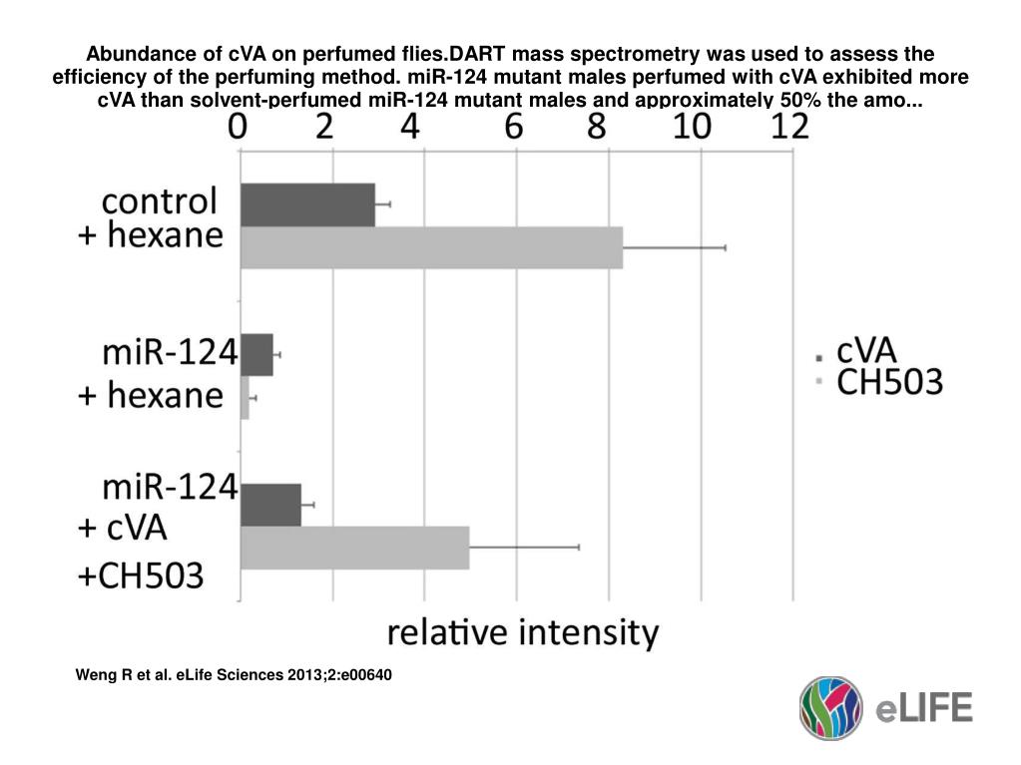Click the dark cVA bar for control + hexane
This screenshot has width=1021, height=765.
pyautogui.click(x=307, y=204)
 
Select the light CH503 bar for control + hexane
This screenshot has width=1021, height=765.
pyautogui.click(x=431, y=246)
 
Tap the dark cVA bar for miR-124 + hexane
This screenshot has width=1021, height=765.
pyautogui.click(x=256, y=354)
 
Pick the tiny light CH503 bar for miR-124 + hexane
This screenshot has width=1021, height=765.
pyautogui.click(x=245, y=397)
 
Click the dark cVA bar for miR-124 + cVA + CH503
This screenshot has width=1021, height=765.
pyautogui.click(x=270, y=505)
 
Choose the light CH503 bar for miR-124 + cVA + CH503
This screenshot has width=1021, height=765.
pyautogui.click(x=354, y=547)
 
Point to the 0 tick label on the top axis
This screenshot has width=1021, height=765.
pyautogui.click(x=239, y=127)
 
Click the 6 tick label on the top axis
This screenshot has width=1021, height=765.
pyautogui.click(x=515, y=127)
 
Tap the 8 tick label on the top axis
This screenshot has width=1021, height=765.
pyautogui.click(x=607, y=127)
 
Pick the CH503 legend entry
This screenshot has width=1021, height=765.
pyautogui.click(x=888, y=381)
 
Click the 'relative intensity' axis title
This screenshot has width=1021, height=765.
pyautogui.click(x=523, y=632)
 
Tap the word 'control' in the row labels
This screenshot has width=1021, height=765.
pyautogui.click(x=160, y=201)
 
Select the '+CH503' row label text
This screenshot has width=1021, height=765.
pyautogui.click(x=141, y=574)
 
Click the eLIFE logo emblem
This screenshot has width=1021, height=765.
pyautogui.click(x=829, y=707)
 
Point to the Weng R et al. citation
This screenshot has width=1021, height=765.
pyautogui.click(x=235, y=675)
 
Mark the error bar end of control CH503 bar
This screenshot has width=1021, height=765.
pyautogui.click(x=725, y=246)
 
